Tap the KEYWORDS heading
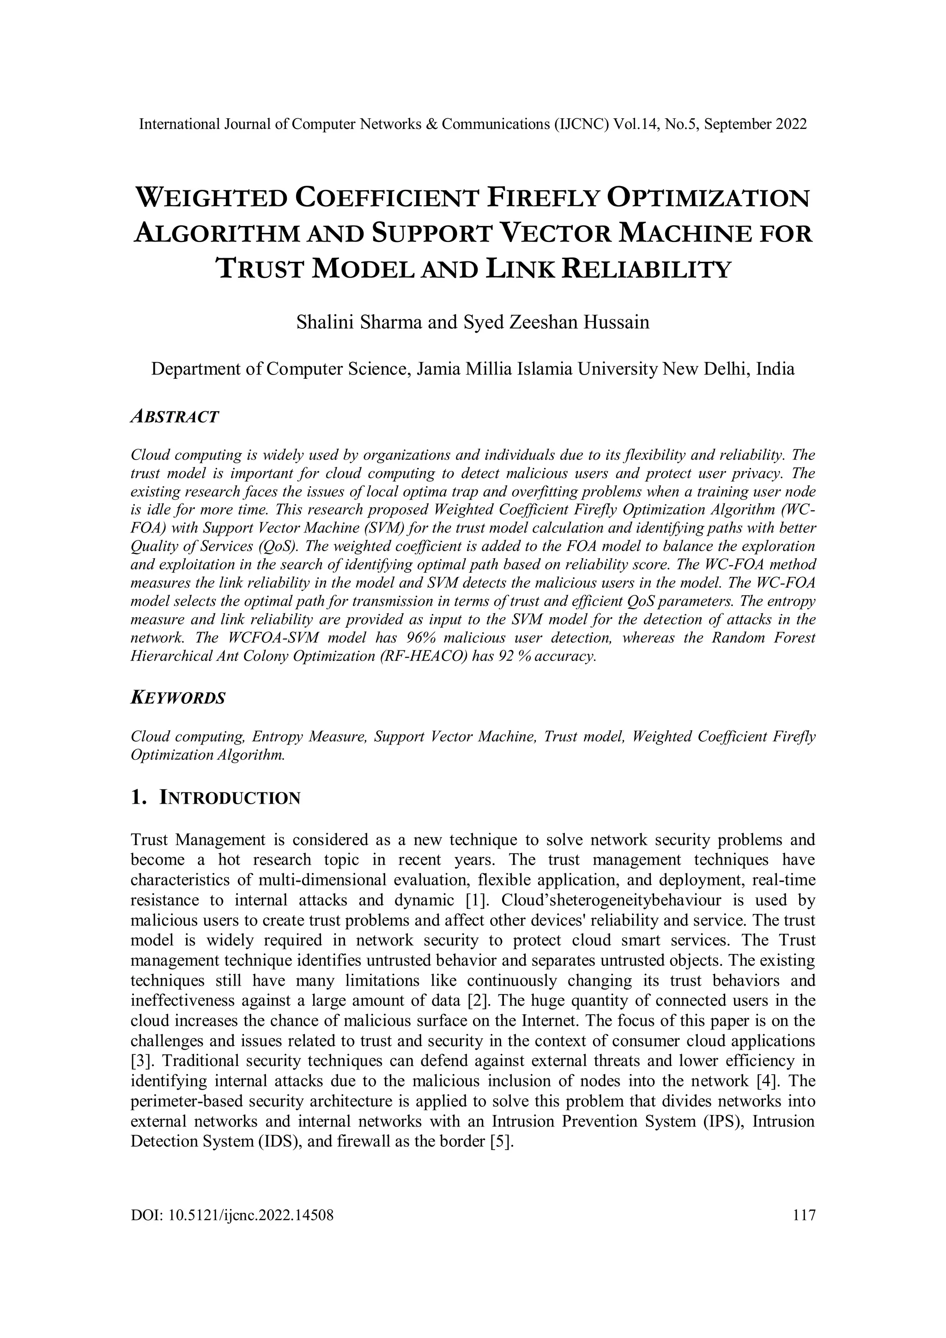[x=177, y=698]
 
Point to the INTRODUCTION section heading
[x=230, y=798]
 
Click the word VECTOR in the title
[x=555, y=234]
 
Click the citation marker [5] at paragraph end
[x=503, y=1142]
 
